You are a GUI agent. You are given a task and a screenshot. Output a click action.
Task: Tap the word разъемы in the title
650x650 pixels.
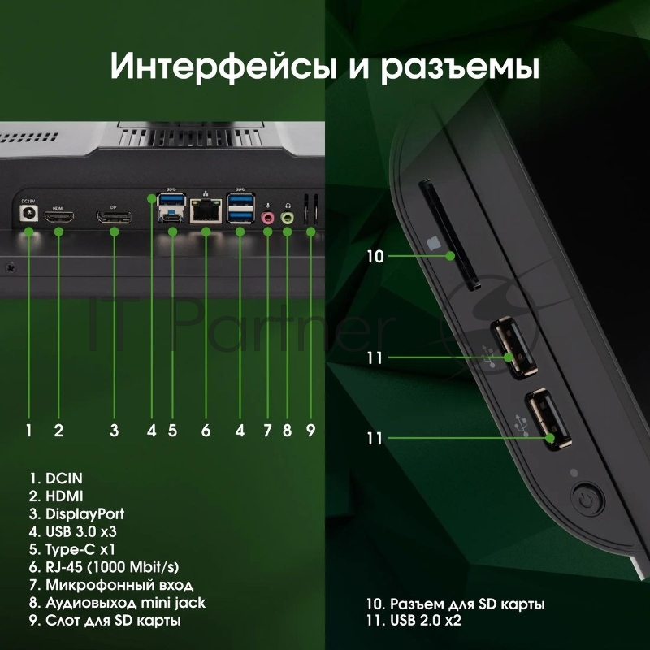460,67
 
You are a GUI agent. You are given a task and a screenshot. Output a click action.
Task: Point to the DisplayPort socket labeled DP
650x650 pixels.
113,218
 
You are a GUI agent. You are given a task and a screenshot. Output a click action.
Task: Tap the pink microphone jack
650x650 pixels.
267,218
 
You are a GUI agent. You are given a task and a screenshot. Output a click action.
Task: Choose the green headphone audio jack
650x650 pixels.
287,218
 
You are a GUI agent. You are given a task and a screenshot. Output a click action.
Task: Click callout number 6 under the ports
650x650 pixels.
206,431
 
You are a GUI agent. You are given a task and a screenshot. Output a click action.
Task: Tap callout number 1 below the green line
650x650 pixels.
29,431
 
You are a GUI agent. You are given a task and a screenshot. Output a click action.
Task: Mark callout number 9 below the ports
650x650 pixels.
310,431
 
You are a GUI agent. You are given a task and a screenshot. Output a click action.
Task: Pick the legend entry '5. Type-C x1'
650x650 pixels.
68,549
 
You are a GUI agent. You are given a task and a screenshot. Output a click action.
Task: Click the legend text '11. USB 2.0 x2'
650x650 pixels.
414,621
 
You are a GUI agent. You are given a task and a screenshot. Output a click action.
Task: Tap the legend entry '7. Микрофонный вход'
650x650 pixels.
110,585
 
